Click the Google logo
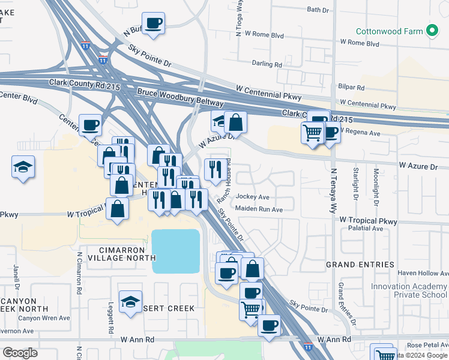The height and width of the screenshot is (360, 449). pyautogui.click(x=20, y=353)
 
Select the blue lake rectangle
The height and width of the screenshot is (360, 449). pyautogui.click(x=175, y=251)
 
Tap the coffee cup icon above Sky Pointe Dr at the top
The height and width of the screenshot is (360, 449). pyautogui.click(x=154, y=23)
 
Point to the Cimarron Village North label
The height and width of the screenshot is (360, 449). pyautogui.click(x=117, y=253)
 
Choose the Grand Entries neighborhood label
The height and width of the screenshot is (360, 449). pyautogui.click(x=360, y=265)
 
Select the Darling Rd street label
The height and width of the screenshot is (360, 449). pyautogui.click(x=267, y=64)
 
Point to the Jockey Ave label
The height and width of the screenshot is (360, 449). pyautogui.click(x=253, y=197)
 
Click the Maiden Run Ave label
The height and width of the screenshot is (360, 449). pyautogui.click(x=259, y=209)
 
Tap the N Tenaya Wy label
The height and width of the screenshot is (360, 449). pyautogui.click(x=333, y=191)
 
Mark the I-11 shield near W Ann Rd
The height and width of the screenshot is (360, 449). pyautogui.click(x=307, y=347)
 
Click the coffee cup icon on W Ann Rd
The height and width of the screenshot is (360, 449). pyautogui.click(x=269, y=325)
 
